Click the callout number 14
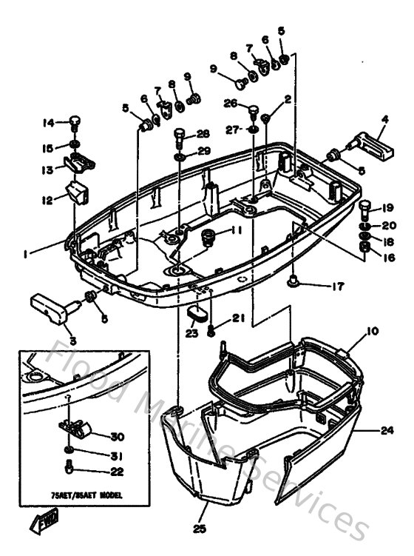tap(47, 122)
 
